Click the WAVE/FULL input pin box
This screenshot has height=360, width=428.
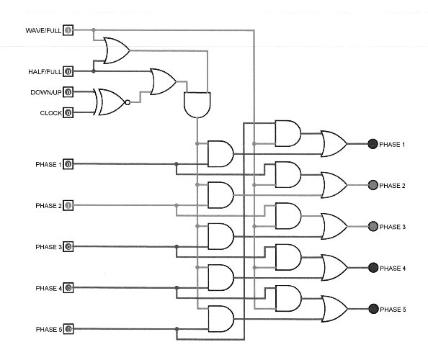pyautogui.click(x=68, y=30)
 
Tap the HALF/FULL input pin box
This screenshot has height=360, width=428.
pyautogui.click(x=68, y=71)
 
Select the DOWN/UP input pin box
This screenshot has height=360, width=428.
pyautogui.click(x=68, y=92)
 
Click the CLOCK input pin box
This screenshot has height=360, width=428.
pyautogui.click(x=68, y=112)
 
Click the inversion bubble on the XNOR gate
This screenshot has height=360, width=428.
pyautogui.click(x=128, y=102)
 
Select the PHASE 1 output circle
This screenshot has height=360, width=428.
pyautogui.click(x=373, y=144)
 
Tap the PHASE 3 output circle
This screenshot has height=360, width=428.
pyautogui.click(x=373, y=226)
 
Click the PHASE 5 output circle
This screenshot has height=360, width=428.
pyautogui.click(x=373, y=309)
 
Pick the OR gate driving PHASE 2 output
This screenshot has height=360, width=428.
pyautogui.click(x=334, y=185)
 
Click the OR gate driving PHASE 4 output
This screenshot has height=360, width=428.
pyautogui.click(x=334, y=268)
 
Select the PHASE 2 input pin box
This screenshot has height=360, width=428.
pyautogui.click(x=68, y=205)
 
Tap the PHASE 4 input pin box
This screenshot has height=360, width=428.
pyautogui.click(x=68, y=288)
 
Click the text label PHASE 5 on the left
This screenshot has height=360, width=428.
pyautogui.click(x=49, y=330)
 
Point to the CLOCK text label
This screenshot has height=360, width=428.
pyautogui.click(x=50, y=113)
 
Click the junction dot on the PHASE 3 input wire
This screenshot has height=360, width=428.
pyautogui.click(x=177, y=246)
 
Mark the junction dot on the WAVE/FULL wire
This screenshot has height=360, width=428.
pyautogui.click(x=94, y=30)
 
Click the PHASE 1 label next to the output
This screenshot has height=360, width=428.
pyautogui.click(x=392, y=144)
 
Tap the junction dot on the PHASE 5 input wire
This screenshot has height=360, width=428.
pyautogui.click(x=177, y=329)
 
